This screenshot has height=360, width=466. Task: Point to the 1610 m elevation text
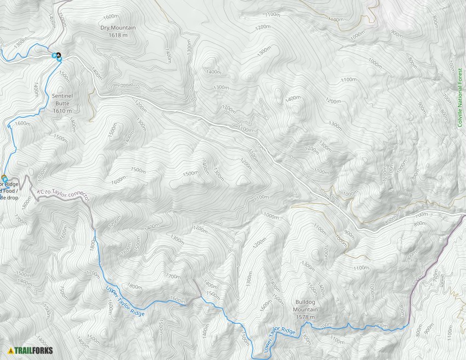[62, 111]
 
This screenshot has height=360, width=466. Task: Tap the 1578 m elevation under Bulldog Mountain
[310, 317]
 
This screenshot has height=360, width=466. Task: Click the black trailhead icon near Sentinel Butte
[59, 55]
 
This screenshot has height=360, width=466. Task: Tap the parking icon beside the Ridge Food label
[4, 179]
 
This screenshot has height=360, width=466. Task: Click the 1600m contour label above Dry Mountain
[111, 16]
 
